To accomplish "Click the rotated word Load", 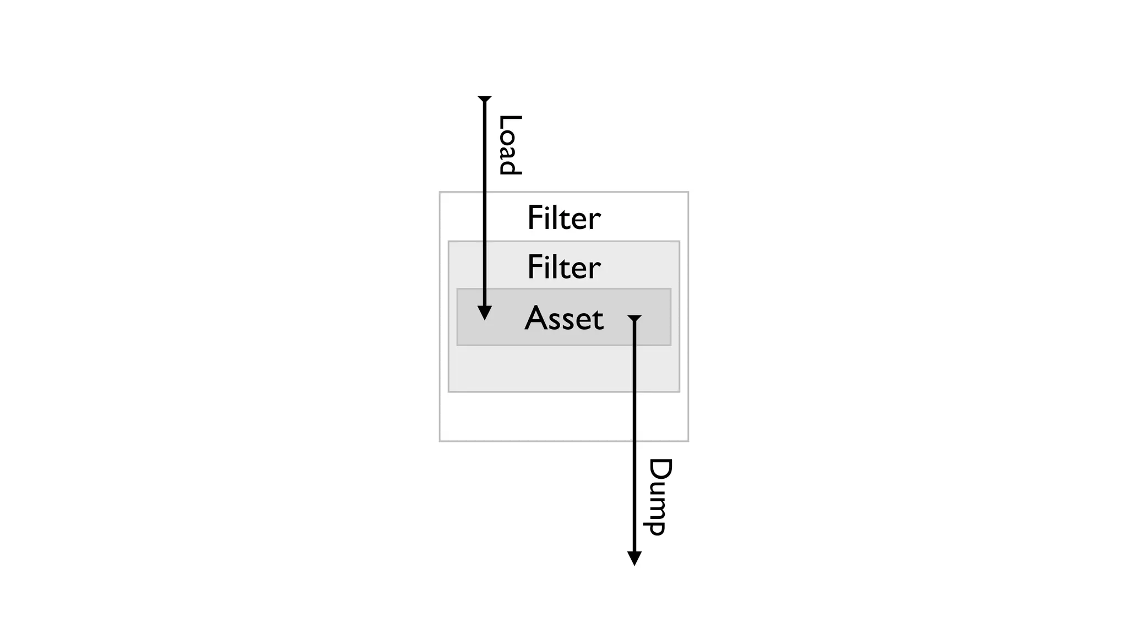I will [509, 145].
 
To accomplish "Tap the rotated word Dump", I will [659, 496].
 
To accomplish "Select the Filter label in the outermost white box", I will [563, 218].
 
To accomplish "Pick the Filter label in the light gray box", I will [563, 267].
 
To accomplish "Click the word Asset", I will [564, 319].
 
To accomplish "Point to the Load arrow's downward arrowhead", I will [484, 313].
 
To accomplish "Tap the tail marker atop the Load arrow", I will [485, 99].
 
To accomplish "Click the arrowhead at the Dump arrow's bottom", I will [634, 559].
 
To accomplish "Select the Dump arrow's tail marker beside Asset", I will [634, 318].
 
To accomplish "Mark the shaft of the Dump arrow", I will [634, 440].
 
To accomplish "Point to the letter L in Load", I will [509, 122].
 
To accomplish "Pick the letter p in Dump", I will [657, 527].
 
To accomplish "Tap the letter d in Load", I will [509, 167].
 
